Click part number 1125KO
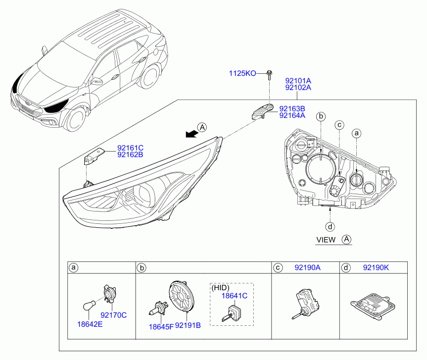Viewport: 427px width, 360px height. pyautogui.click(x=242, y=73)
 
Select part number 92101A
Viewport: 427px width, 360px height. pyautogui.click(x=298, y=81)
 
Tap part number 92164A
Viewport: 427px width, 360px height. pyautogui.click(x=292, y=115)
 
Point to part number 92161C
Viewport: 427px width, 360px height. pyautogui.click(x=130, y=148)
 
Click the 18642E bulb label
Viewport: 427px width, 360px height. pyautogui.click(x=90, y=324)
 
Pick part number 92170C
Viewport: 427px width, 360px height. pyautogui.click(x=114, y=315)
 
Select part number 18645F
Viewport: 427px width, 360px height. pyautogui.click(x=161, y=327)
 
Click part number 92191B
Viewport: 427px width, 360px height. pyautogui.click(x=188, y=325)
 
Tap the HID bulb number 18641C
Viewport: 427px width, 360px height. pyautogui.click(x=235, y=296)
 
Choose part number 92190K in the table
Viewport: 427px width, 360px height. pyautogui.click(x=376, y=267)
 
